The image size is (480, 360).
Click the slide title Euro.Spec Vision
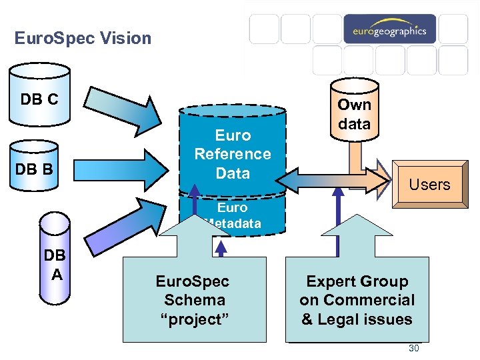tap(83, 39)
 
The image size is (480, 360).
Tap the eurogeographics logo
tap(389, 31)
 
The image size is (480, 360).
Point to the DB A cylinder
tap(56, 264)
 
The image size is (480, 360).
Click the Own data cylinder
tap(354, 114)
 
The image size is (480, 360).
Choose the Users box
tap(429, 185)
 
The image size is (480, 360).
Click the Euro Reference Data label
tap(232, 154)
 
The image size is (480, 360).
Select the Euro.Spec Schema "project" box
tap(192, 300)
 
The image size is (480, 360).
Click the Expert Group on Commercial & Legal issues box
tap(357, 300)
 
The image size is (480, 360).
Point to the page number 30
tap(413, 349)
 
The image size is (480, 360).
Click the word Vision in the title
tap(129, 39)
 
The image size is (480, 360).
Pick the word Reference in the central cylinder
tap(232, 154)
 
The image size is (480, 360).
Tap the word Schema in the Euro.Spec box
tap(194, 300)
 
